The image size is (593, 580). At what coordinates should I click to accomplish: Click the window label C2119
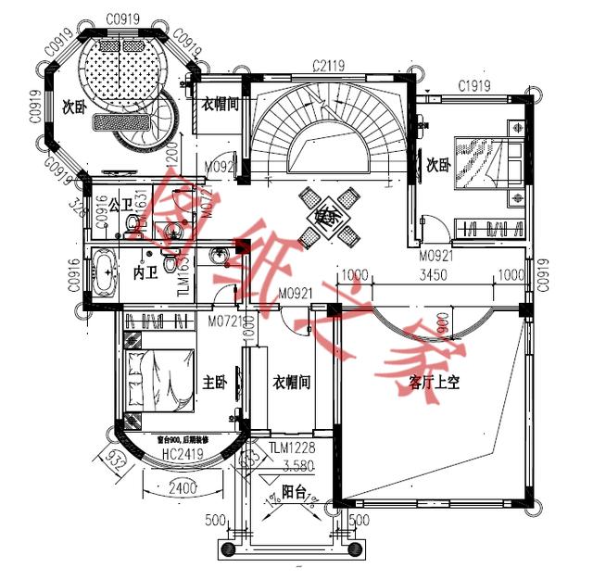[x=329, y=65]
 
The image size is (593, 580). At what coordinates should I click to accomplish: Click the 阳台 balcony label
[x=294, y=494]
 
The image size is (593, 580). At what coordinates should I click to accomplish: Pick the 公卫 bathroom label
[x=121, y=205]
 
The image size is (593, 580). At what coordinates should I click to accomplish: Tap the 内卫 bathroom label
[x=145, y=274]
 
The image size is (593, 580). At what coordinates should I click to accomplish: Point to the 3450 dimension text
[x=435, y=276]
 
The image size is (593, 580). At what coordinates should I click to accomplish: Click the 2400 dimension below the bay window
[x=182, y=485]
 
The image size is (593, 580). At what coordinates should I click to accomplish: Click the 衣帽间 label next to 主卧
[x=291, y=381]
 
